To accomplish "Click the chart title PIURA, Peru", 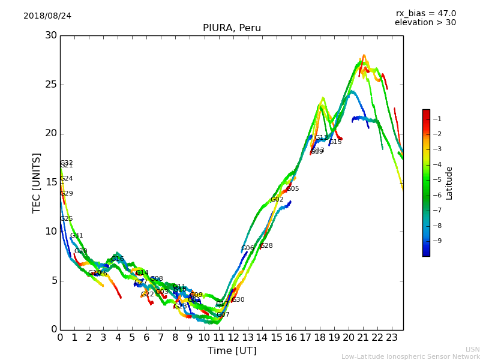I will click(232, 28).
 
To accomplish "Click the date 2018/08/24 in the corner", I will click(47, 16).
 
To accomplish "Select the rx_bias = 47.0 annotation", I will click(425, 13).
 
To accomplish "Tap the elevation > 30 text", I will click(425, 23).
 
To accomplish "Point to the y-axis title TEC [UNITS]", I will click(37, 182).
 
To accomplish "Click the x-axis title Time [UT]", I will click(232, 351).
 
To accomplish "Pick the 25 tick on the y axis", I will click(50, 84).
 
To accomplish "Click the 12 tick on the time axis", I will click(233, 338).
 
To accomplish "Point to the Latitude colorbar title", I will click(449, 183).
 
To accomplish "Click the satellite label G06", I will click(247, 248).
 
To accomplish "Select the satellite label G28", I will click(266, 246).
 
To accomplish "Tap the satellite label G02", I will click(277, 200).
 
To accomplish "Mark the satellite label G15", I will click(335, 142).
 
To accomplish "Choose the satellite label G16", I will click(118, 259).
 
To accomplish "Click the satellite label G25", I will click(66, 219).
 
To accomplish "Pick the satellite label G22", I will click(148, 295).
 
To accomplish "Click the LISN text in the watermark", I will click(473, 349).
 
